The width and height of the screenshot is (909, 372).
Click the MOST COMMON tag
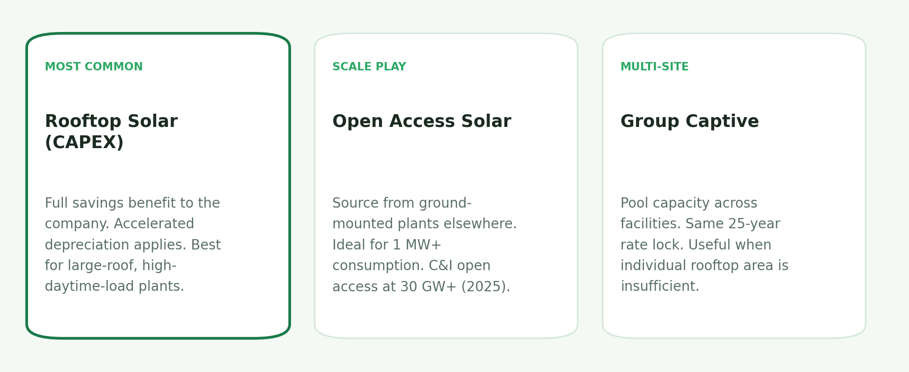[x=93, y=67]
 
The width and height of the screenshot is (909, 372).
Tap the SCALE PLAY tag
[x=369, y=67]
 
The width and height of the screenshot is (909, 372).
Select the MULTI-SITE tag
[x=654, y=67]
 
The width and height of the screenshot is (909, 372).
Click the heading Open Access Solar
[x=421, y=122]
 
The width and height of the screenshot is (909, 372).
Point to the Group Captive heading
[x=689, y=122]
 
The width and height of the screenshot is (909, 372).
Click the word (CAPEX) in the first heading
[x=84, y=143]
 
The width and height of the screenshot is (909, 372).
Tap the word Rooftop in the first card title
[x=76, y=122]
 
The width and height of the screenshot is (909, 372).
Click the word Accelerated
[x=154, y=224]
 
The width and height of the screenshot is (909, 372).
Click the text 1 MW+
[x=416, y=245]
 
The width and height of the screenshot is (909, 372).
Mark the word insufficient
[x=659, y=286]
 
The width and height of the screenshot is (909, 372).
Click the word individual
[x=650, y=266]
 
